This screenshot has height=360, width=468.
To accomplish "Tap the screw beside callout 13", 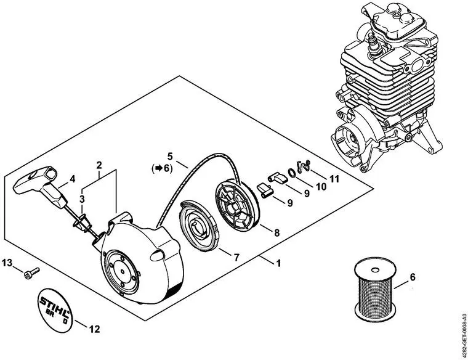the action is click(31, 272).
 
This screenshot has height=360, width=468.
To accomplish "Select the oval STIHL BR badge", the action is click(55, 310).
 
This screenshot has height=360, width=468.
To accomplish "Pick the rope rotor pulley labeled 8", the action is click(237, 205).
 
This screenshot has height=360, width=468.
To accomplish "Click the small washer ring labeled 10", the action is click(292, 173).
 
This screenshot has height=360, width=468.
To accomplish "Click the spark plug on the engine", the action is click(373, 44).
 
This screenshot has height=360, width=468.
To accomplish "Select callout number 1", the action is click(279, 263).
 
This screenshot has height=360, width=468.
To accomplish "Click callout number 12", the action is click(94, 329).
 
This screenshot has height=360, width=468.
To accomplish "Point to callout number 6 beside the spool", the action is click(413, 277).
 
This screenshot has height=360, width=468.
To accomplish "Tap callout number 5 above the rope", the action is click(170, 156).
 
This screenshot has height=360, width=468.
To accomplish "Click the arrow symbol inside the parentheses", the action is click(159, 168).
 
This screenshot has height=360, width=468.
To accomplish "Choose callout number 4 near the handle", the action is click(72, 179).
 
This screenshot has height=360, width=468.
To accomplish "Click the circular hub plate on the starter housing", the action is click(123, 272).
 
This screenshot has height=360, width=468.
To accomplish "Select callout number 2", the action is click(99, 165).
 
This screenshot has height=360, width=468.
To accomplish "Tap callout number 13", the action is click(7, 263).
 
